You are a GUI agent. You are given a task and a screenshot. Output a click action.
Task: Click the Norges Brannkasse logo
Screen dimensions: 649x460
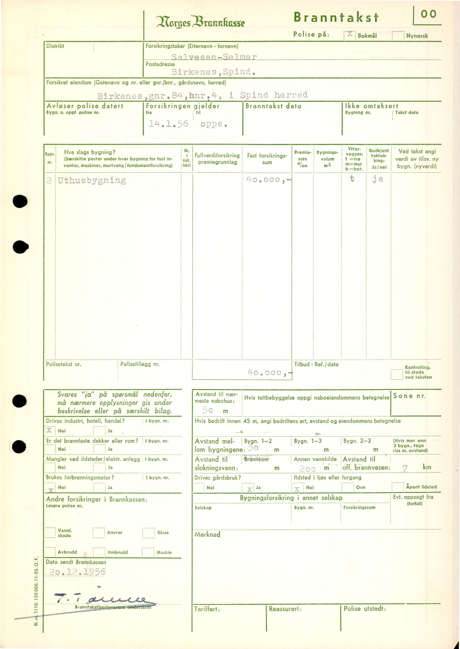click(200, 22)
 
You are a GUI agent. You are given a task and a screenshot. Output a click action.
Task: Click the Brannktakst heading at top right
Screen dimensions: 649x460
click(336, 17)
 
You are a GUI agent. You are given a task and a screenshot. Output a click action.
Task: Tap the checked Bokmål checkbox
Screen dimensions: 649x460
click(350, 35)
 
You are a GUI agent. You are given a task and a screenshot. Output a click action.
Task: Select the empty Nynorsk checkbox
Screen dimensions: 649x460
click(398, 35)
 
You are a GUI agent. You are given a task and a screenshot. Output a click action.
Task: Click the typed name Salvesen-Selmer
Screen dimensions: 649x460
click(214, 57)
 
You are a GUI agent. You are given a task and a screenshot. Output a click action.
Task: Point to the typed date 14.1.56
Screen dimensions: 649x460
click(168, 124)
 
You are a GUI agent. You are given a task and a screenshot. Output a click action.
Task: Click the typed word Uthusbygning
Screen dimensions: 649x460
click(92, 180)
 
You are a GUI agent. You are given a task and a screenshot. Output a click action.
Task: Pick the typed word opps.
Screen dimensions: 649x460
click(214, 124)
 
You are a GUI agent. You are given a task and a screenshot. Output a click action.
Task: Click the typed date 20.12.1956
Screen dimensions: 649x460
click(77, 571)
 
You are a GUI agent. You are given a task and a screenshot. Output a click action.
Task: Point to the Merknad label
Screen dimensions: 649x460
click(207, 534)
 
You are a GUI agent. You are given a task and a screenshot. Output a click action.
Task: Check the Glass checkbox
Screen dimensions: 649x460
click(148, 533)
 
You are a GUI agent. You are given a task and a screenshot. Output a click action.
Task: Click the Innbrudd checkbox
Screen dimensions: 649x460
click(99, 552)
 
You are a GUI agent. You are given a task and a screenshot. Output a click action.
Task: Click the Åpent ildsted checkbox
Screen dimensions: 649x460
click(397, 487)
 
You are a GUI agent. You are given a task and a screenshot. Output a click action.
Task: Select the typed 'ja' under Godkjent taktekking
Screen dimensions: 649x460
click(378, 179)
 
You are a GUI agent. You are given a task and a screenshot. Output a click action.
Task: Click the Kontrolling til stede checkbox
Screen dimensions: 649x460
click(397, 375)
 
